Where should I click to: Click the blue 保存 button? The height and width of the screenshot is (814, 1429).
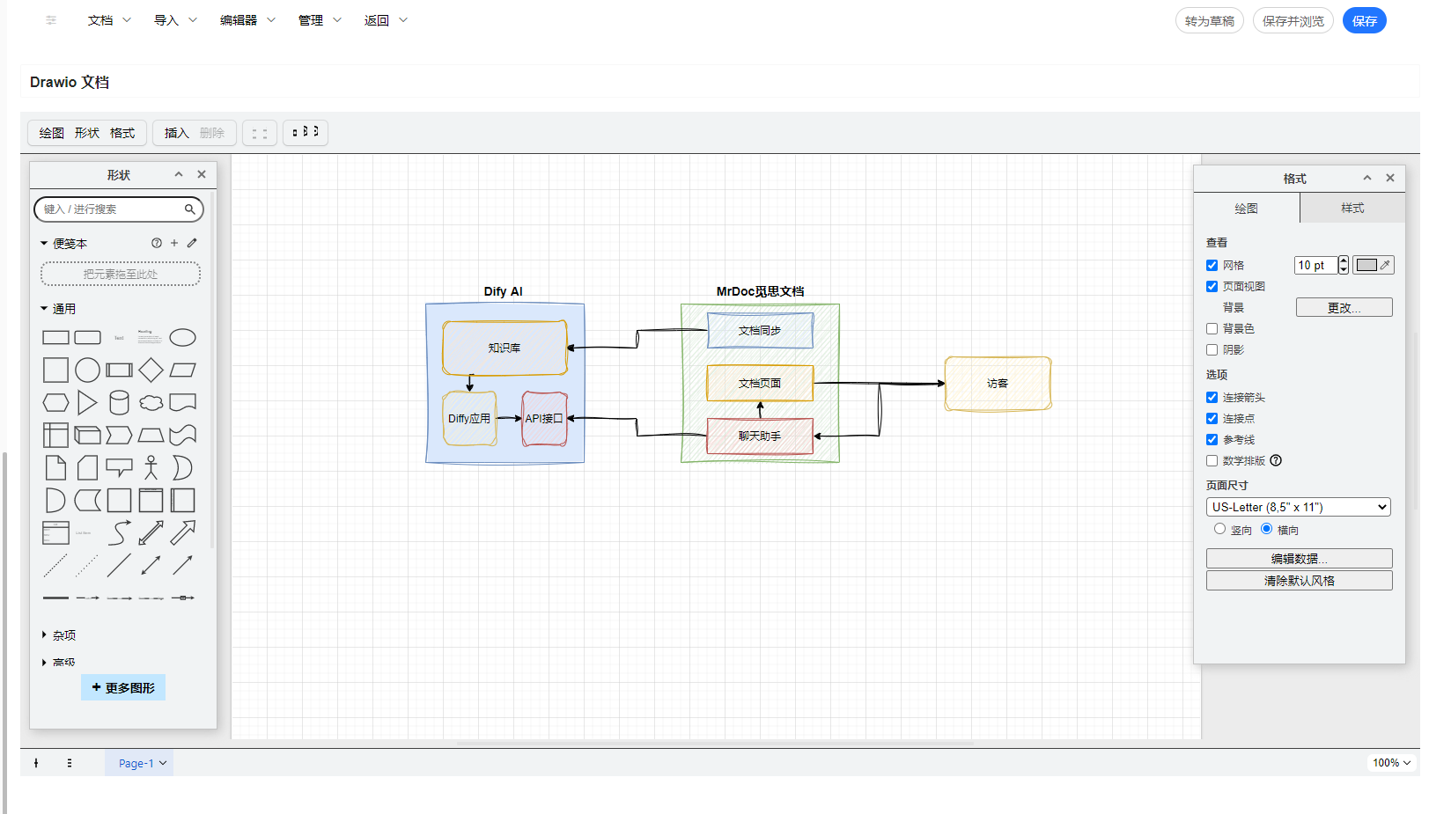pyautogui.click(x=1364, y=21)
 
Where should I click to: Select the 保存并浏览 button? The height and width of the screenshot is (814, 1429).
pyautogui.click(x=1293, y=21)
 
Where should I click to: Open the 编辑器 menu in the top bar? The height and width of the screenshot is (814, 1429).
pyautogui.click(x=247, y=20)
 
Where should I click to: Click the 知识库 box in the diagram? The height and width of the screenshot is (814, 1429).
pyautogui.click(x=505, y=348)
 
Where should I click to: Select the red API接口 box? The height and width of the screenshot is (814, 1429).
pyautogui.click(x=544, y=419)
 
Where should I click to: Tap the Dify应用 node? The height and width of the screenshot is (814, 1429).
pyautogui.click(x=469, y=419)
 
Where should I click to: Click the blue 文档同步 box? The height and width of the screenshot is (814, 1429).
pyautogui.click(x=760, y=331)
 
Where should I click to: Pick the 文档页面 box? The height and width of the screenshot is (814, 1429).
pyautogui.click(x=760, y=384)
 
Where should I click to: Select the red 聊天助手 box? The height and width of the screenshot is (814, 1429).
pyautogui.click(x=760, y=436)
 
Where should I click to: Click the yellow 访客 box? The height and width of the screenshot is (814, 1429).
pyautogui.click(x=998, y=384)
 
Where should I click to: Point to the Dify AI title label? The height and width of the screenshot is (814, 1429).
pyautogui.click(x=503, y=291)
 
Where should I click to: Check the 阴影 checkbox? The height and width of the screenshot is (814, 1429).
pyautogui.click(x=1212, y=350)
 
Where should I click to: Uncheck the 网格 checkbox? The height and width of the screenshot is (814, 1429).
pyautogui.click(x=1212, y=266)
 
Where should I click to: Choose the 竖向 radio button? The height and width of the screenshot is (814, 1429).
pyautogui.click(x=1219, y=529)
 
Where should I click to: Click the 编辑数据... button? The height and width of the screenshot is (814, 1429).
pyautogui.click(x=1299, y=559)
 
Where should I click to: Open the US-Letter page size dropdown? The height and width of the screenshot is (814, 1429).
pyautogui.click(x=1298, y=507)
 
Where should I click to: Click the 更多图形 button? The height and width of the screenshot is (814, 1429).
pyautogui.click(x=123, y=687)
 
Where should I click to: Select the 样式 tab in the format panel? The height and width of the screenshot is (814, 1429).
pyautogui.click(x=1352, y=209)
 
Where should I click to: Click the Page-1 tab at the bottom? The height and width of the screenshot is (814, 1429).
pyautogui.click(x=139, y=763)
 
